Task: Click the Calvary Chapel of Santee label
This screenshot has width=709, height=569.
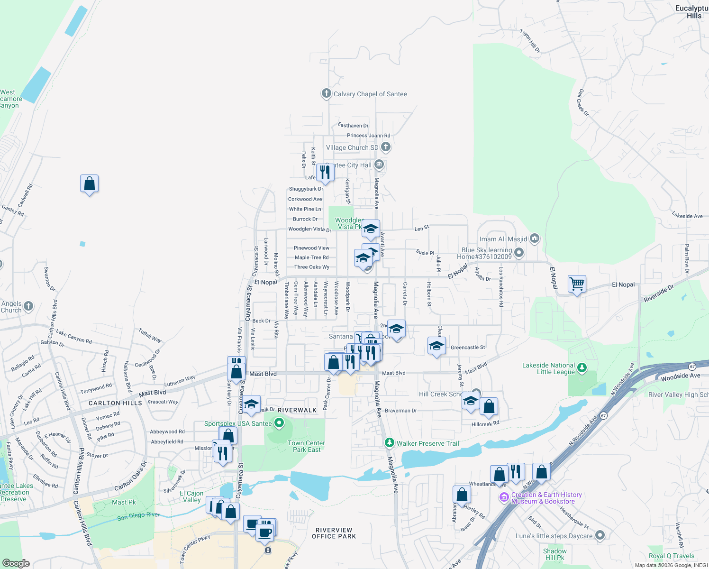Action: pyautogui.click(x=370, y=94)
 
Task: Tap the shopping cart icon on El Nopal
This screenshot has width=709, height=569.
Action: pyautogui.click(x=577, y=284)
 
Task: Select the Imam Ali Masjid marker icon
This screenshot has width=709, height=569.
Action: pyautogui.click(x=535, y=238)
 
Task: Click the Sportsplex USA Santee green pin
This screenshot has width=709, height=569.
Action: pyautogui.click(x=279, y=422)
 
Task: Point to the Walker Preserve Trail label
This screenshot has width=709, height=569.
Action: pyautogui.click(x=427, y=443)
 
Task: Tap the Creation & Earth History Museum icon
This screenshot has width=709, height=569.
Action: pyautogui.click(x=504, y=497)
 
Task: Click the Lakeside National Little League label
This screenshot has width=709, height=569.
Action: pyautogui.click(x=548, y=368)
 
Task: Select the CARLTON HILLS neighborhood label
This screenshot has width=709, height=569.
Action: pyautogui.click(x=115, y=403)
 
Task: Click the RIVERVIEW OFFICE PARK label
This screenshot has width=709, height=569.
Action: pyautogui.click(x=334, y=533)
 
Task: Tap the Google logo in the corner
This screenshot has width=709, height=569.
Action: pyautogui.click(x=16, y=563)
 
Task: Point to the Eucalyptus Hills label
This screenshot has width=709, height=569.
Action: pyautogui.click(x=692, y=12)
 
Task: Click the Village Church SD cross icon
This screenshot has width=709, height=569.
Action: pyautogui.click(x=386, y=147)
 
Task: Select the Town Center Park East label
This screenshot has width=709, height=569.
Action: pyautogui.click(x=306, y=446)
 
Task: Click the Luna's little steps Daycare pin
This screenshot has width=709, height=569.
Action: pyautogui.click(x=600, y=535)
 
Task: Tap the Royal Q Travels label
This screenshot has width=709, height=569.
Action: pyautogui.click(x=671, y=556)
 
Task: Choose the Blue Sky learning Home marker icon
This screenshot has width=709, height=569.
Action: pyautogui.click(x=519, y=253)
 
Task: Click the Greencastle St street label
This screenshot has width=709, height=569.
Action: pyautogui.click(x=467, y=348)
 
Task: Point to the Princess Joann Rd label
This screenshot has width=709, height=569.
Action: pyautogui.click(x=368, y=136)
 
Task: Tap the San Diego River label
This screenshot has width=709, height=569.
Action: pyautogui.click(x=138, y=516)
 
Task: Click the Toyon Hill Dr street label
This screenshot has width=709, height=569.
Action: pyautogui.click(x=530, y=41)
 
